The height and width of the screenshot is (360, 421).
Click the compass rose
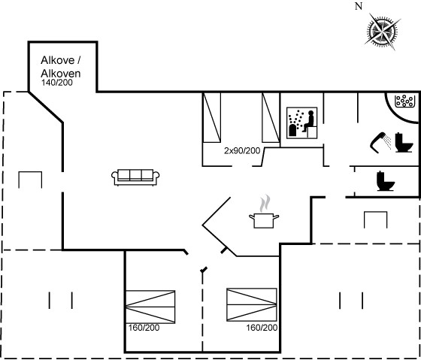(382, 32)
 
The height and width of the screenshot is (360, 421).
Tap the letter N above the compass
(359, 6)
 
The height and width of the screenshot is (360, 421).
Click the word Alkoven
(61, 74)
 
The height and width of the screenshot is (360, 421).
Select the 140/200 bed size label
(57, 83)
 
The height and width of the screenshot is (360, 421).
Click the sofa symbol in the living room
(135, 177)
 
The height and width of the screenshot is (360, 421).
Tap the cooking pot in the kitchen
(264, 220)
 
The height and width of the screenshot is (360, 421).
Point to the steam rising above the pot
(265, 203)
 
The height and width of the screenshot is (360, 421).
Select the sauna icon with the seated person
(301, 123)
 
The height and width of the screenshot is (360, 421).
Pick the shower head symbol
(380, 142)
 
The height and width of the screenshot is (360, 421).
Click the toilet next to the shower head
(404, 142)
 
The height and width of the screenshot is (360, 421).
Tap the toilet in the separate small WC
(386, 181)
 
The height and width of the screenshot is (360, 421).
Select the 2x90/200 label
(242, 151)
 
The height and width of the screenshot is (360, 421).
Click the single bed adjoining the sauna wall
(271, 117)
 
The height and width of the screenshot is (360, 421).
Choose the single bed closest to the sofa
(212, 117)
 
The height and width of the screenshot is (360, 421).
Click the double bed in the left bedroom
(150, 307)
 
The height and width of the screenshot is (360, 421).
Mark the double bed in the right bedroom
(252, 304)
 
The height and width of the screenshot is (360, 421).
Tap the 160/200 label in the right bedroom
(262, 328)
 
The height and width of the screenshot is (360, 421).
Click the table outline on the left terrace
(30, 180)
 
